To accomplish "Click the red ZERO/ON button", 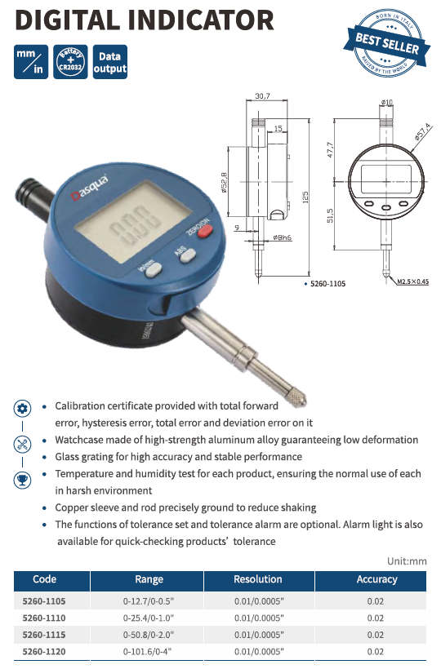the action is click(205, 231).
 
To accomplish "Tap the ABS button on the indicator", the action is click(189, 255).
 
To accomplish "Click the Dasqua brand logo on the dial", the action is click(89, 188).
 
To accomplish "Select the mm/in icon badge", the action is click(31, 62).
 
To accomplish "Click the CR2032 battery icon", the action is click(70, 62).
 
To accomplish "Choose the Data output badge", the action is click(110, 62).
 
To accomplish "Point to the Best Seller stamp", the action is click(387, 42).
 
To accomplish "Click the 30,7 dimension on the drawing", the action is click(262, 96).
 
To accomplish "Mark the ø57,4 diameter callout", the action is click(423, 132).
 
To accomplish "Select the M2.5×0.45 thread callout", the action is click(412, 281).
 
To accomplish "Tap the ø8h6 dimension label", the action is click(283, 237).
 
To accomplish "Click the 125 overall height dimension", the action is click(305, 197).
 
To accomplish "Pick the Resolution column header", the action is click(258, 579).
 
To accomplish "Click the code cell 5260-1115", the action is click(44, 635).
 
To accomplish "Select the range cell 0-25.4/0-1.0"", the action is click(149, 618).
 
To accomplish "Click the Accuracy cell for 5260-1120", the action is click(375, 652).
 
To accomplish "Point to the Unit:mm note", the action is click(407, 561).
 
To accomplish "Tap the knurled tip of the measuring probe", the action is click(296, 397).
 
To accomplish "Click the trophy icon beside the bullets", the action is click(22, 480).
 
